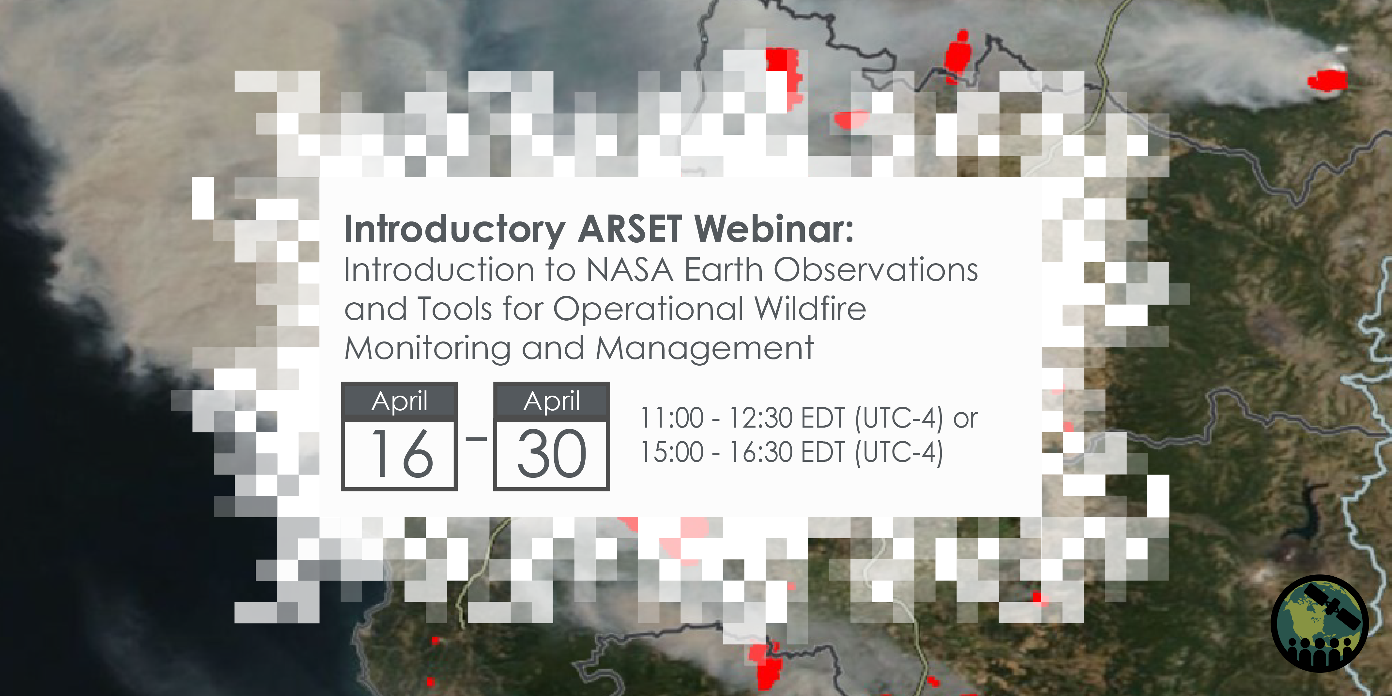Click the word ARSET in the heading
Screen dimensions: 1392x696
[x=630, y=229]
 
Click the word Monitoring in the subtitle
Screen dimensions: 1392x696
[x=427, y=349]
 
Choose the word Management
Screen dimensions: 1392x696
[x=705, y=349]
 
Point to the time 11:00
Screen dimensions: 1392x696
[x=672, y=418]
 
